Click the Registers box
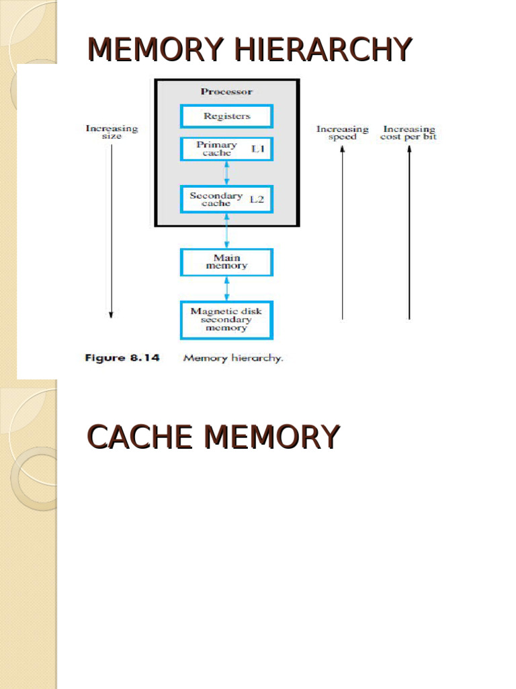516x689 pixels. click(x=226, y=116)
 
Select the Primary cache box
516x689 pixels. click(x=226, y=149)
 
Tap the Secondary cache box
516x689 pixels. click(x=226, y=199)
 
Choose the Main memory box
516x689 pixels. click(x=226, y=262)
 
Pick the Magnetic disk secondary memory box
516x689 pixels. click(x=226, y=320)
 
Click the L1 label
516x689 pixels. click(x=259, y=149)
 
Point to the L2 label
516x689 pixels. click(x=257, y=199)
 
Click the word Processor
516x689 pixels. click(x=226, y=92)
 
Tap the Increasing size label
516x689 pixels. click(x=112, y=132)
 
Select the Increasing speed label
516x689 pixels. click(x=343, y=133)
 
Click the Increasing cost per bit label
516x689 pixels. click(x=409, y=133)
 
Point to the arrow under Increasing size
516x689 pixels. click(x=111, y=229)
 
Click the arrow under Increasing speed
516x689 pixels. click(x=343, y=232)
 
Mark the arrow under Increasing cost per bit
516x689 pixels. click(x=409, y=232)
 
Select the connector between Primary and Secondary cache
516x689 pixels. click(x=226, y=173)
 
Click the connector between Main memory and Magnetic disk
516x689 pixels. click(x=226, y=288)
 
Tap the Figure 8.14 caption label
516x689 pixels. click(x=122, y=358)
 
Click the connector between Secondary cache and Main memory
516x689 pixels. click(x=226, y=230)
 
